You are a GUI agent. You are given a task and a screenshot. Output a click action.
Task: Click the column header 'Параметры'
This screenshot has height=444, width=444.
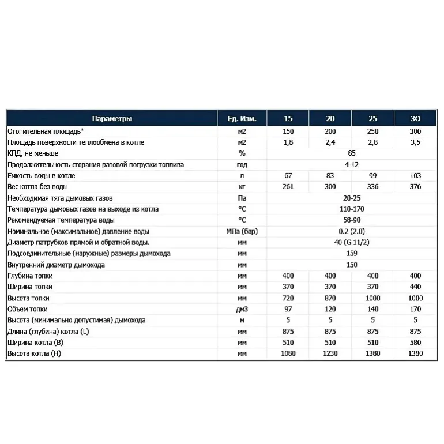pos(112,119)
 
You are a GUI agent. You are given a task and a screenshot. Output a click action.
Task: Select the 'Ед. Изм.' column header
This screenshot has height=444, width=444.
pos(242,119)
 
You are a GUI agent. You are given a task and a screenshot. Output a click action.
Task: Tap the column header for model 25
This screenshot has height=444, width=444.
pos(372,119)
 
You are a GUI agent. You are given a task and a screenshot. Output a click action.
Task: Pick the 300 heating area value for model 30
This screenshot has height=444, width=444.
pos(415,131)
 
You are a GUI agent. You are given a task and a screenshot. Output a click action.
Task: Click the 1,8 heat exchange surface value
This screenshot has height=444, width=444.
pos(288,142)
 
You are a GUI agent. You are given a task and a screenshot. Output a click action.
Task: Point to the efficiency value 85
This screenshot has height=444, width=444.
pos(352,153)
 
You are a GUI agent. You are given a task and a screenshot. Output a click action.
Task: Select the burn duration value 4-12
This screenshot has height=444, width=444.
pos(352,164)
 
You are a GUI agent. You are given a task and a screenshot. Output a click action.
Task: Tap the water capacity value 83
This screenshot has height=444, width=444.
pos(330,175)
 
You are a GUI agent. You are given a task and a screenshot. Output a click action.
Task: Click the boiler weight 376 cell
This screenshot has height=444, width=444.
pos(415,186)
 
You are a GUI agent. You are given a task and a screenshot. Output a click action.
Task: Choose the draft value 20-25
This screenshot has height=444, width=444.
pos(352,198)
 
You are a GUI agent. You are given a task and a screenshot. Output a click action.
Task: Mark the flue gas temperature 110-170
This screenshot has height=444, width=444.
pos(352,209)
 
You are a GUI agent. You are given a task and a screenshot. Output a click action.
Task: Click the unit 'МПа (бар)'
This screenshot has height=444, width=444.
pos(242,231)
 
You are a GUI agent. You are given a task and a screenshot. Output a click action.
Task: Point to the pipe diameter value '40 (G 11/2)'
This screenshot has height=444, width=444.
pos(352,242)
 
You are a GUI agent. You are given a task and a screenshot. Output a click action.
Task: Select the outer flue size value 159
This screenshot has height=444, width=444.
pos(352,254)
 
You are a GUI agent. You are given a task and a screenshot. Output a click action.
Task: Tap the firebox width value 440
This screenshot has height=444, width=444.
pos(415,287)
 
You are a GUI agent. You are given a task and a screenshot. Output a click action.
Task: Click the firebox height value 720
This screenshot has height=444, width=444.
pos(288,298)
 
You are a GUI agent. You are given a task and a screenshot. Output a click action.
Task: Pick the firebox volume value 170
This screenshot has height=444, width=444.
pos(415,309)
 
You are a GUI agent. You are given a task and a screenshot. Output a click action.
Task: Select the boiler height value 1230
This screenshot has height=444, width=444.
pos(330,353)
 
